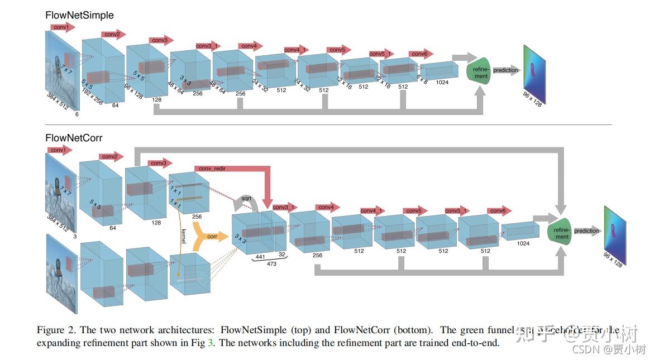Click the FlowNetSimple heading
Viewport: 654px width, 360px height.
(79, 16)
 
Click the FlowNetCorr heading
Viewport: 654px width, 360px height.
(74, 137)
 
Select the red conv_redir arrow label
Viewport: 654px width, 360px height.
(212, 169)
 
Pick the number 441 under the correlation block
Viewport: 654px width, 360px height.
(260, 257)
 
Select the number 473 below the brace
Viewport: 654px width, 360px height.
(271, 264)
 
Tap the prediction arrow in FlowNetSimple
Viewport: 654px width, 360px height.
(507, 70)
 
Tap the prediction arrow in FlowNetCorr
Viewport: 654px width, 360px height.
(587, 231)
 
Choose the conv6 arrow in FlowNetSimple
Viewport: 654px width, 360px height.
(421, 54)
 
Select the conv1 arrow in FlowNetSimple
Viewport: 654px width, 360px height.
(63, 27)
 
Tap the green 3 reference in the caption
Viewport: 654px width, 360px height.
(210, 343)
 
